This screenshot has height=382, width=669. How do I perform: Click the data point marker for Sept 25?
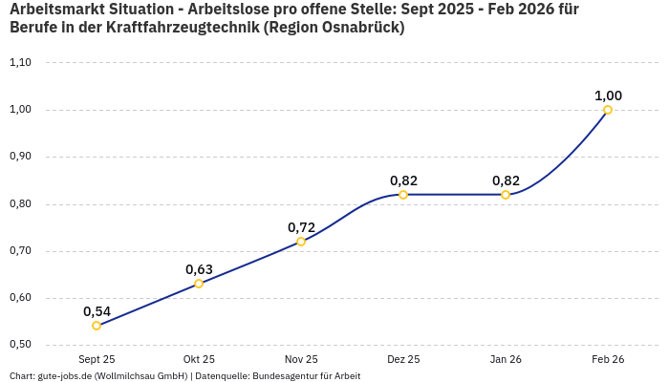tap(97, 326)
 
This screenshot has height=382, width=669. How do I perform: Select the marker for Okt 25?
tap(199, 284)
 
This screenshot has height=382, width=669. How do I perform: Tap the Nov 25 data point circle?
tap(301, 242)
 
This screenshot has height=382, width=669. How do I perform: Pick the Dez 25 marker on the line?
tap(403, 195)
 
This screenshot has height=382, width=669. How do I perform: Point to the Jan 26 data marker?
tap(506, 195)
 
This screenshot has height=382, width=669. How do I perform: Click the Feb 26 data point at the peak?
tap(608, 110)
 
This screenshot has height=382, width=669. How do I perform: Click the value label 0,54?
tap(97, 311)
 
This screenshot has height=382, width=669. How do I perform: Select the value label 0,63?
tap(199, 269)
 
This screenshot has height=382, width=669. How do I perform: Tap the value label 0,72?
tap(301, 227)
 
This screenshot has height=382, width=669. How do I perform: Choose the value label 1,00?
tap(608, 95)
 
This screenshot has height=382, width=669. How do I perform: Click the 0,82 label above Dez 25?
tap(403, 180)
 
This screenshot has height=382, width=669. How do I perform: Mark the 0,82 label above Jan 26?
tap(506, 180)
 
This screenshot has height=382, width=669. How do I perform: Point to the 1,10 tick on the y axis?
tap(20, 63)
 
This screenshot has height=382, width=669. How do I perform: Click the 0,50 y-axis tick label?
tap(20, 345)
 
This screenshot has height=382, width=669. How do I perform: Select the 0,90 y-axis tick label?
tap(20, 157)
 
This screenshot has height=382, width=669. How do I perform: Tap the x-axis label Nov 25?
tap(301, 359)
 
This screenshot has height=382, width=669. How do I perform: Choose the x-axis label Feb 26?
tap(608, 359)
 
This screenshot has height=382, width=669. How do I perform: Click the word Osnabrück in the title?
tap(361, 28)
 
